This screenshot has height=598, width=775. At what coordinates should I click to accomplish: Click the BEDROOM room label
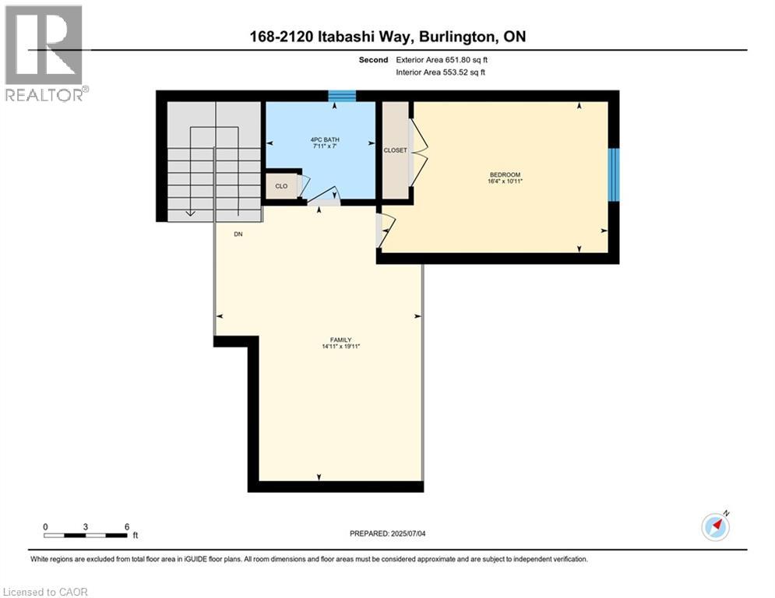[x=505, y=174]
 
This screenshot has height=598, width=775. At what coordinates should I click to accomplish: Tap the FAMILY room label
[x=340, y=339]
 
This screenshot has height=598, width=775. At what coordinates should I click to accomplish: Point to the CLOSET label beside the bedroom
[x=395, y=150]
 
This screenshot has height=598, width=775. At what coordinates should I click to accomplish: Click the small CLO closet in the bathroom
[x=281, y=186]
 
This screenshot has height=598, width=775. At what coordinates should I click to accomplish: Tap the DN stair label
[x=238, y=234]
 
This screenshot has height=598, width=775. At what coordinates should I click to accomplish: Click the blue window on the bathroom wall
[x=341, y=96]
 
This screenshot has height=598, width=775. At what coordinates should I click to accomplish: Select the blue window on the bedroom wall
[x=614, y=174]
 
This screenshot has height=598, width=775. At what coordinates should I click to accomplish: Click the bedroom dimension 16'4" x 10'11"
[x=505, y=181]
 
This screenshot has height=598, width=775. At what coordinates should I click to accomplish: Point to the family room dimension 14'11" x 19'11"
[x=340, y=346]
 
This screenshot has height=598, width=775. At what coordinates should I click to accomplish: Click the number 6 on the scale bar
[x=126, y=526]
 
